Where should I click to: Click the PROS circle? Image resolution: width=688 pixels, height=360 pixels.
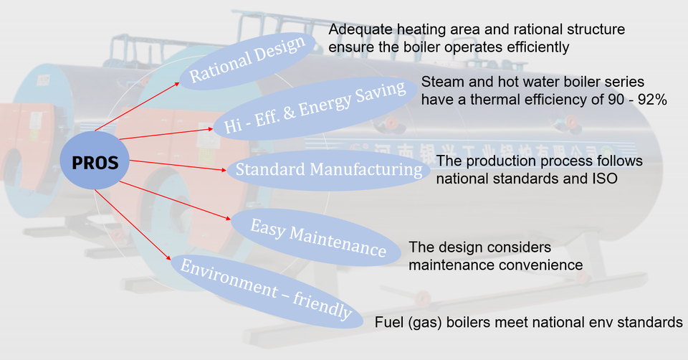click(x=95, y=163)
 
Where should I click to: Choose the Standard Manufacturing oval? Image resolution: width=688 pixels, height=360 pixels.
click(x=328, y=170)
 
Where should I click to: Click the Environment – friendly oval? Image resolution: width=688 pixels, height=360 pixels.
click(x=266, y=289)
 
